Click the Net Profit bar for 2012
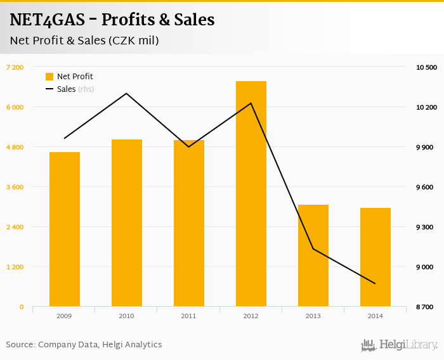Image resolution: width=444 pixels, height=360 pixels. pyautogui.click(x=251, y=194)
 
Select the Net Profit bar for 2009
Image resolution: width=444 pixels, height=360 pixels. pyautogui.click(x=65, y=229)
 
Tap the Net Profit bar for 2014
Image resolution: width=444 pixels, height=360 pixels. pyautogui.click(x=375, y=257)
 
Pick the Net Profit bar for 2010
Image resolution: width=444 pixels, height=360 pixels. pyautogui.click(x=127, y=223)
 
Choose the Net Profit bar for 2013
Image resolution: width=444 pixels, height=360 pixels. pyautogui.click(x=313, y=255)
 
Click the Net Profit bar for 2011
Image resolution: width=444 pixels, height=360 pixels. pyautogui.click(x=189, y=223)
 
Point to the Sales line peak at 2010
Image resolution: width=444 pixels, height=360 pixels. pyautogui.click(x=127, y=93)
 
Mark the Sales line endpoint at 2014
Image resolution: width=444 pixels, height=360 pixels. pyautogui.click(x=375, y=283)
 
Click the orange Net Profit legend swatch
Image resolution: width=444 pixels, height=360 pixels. pyautogui.click(x=49, y=77)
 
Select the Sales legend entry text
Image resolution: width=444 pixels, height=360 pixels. pyautogui.click(x=66, y=89)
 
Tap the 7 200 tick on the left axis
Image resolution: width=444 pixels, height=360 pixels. pyautogui.click(x=15, y=67)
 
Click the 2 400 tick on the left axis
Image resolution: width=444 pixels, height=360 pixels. pyautogui.click(x=15, y=227)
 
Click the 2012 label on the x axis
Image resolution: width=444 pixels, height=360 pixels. pyautogui.click(x=251, y=315)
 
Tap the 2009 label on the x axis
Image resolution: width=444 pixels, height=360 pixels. pyautogui.click(x=65, y=315)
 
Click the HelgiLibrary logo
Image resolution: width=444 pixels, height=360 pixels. pyautogui.click(x=400, y=345)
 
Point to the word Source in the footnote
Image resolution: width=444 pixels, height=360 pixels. pyautogui.click(x=20, y=345)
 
